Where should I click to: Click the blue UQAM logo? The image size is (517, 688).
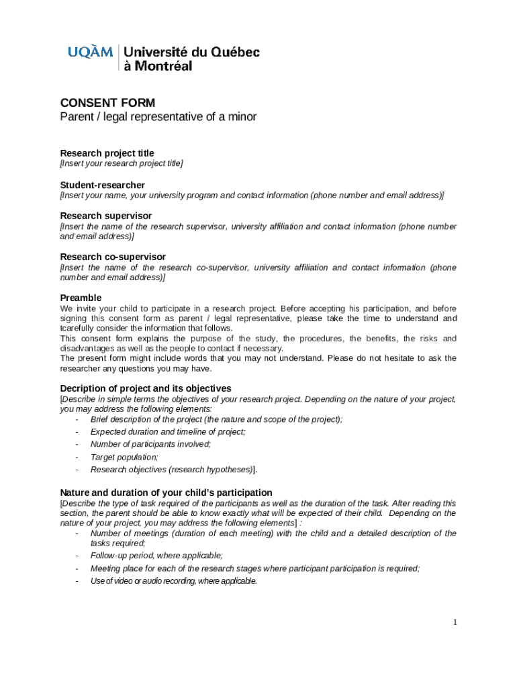(90, 52)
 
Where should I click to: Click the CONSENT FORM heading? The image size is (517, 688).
(107, 103)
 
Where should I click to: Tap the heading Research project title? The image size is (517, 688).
(107, 153)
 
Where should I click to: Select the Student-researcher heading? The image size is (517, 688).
(102, 185)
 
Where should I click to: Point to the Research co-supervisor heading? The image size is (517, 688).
(113, 257)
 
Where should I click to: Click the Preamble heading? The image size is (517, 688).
(81, 298)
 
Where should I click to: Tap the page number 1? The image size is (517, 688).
(455, 622)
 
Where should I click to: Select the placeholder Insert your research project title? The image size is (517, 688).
(122, 164)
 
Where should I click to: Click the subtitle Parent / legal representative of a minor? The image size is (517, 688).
(158, 118)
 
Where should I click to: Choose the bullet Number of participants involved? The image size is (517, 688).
(150, 444)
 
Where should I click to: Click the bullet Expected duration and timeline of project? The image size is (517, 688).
(168, 432)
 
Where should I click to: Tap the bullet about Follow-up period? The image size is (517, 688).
(156, 556)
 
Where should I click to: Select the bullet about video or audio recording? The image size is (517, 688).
(173, 581)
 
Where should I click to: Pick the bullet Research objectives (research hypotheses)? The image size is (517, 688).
(173, 470)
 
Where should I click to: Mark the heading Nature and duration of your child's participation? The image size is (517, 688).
(166, 492)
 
